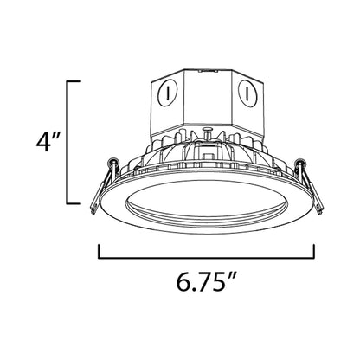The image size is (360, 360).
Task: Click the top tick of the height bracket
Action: (75, 80)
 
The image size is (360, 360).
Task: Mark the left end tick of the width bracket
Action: (100, 252)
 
